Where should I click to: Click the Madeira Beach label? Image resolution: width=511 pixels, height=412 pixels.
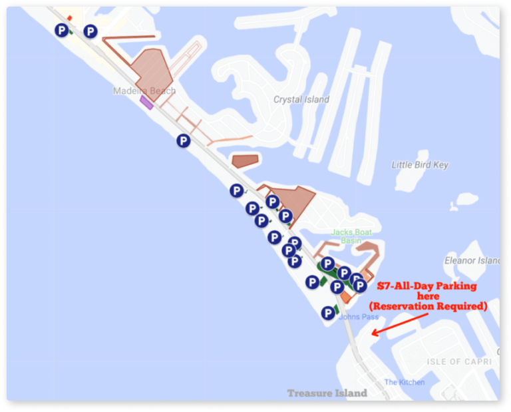(x=144, y=91)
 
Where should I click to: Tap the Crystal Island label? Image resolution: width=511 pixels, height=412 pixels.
(x=301, y=100)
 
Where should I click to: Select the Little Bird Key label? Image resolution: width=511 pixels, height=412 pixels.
(x=420, y=165)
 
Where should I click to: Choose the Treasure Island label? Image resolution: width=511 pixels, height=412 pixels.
(x=327, y=393)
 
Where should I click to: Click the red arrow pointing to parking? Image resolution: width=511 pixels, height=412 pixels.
(x=399, y=322)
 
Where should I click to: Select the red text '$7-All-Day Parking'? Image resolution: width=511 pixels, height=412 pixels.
(x=427, y=286)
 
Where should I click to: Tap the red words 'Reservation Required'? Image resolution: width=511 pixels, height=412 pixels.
(x=428, y=306)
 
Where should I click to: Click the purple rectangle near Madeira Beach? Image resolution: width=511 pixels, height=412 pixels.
(x=146, y=102)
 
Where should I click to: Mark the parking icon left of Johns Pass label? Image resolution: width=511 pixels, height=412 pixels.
(x=327, y=313)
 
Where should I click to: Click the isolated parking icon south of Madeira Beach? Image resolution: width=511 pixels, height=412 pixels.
(x=183, y=140)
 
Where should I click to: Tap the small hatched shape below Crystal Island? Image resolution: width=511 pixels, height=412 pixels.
(x=245, y=161)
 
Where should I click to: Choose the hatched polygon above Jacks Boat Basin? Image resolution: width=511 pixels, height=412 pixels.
(x=293, y=200)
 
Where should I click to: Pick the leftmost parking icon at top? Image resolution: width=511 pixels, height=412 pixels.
(x=62, y=30)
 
